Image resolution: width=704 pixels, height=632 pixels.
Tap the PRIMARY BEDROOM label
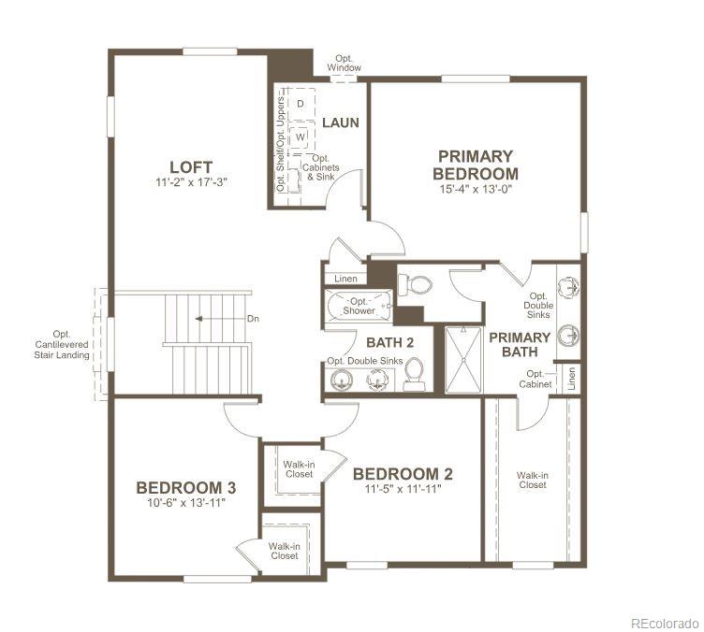click(476, 165)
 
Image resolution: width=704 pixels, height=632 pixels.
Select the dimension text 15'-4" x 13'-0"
click(476, 189)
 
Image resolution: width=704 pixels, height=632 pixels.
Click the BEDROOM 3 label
click(185, 487)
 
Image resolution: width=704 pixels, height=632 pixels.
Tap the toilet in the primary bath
click(418, 284)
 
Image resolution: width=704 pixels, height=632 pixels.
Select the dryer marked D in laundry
click(301, 104)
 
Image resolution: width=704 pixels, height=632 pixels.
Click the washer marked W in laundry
click(301, 137)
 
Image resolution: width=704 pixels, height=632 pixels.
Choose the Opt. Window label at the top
click(344, 63)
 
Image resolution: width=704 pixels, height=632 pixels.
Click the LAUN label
click(340, 122)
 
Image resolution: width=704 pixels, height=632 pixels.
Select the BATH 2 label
click(384, 342)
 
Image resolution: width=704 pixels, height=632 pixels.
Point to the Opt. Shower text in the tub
click(359, 305)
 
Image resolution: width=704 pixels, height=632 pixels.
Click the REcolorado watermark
click(663, 623)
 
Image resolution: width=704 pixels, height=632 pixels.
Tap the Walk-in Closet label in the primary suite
click(532, 480)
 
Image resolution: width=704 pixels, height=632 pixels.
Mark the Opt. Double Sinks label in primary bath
click(537, 305)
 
